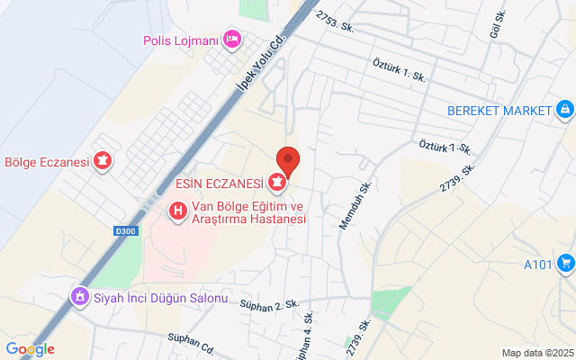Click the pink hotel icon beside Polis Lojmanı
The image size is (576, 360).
point(231,39)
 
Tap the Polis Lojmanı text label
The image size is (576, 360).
point(181,40)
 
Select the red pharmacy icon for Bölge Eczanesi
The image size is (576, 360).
point(103,162)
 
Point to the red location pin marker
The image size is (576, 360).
point(287,161)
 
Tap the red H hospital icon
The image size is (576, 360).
point(178,211)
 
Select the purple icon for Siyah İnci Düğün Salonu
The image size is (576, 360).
point(80,296)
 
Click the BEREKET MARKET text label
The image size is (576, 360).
point(499,111)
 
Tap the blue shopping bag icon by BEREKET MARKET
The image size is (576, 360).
point(563,111)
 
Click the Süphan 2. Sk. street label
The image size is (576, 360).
point(268,305)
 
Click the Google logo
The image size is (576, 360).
point(30,349)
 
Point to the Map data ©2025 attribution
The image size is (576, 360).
point(536,353)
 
